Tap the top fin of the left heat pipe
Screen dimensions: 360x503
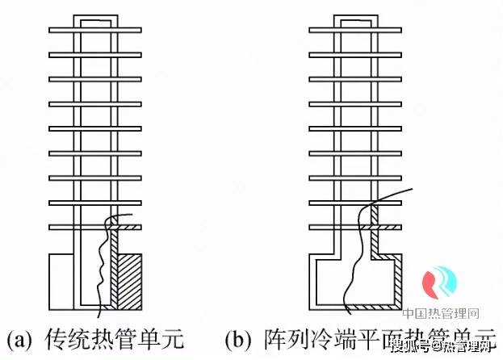94,31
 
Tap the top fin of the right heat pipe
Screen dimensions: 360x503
356,31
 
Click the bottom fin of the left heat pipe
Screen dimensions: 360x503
94,228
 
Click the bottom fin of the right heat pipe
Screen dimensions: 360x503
356,228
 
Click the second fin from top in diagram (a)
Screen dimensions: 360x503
94,55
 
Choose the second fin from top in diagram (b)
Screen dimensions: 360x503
356,55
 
